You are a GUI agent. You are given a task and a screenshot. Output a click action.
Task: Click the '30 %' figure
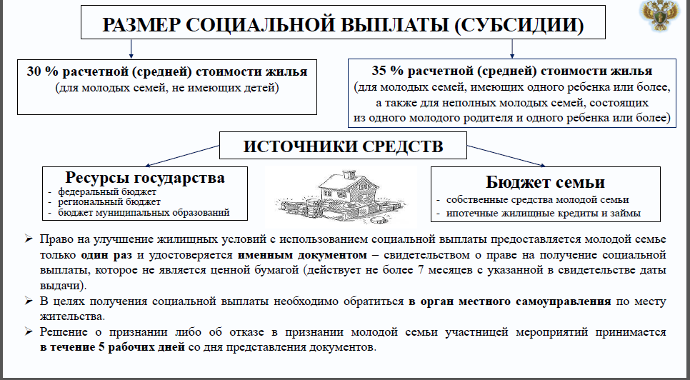[x=39, y=71]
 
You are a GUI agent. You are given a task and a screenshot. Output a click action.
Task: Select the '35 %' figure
[x=384, y=71]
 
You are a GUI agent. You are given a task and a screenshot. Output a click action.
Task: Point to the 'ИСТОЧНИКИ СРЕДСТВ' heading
[x=344, y=146]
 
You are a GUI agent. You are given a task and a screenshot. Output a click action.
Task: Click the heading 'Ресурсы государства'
[x=145, y=177]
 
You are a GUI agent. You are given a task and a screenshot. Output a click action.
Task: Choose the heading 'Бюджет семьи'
[x=545, y=182]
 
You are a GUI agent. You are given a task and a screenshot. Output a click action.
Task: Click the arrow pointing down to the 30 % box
[x=131, y=49]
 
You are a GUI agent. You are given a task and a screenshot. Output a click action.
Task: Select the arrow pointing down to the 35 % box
[x=511, y=49]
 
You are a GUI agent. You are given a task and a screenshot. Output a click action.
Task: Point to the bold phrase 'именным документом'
[x=302, y=255]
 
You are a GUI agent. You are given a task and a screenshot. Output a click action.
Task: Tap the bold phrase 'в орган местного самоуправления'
[x=509, y=301]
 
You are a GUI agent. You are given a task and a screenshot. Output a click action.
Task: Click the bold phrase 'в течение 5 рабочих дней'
[x=112, y=347]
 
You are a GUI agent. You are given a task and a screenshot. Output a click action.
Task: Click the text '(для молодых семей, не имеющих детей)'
[x=167, y=88]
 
